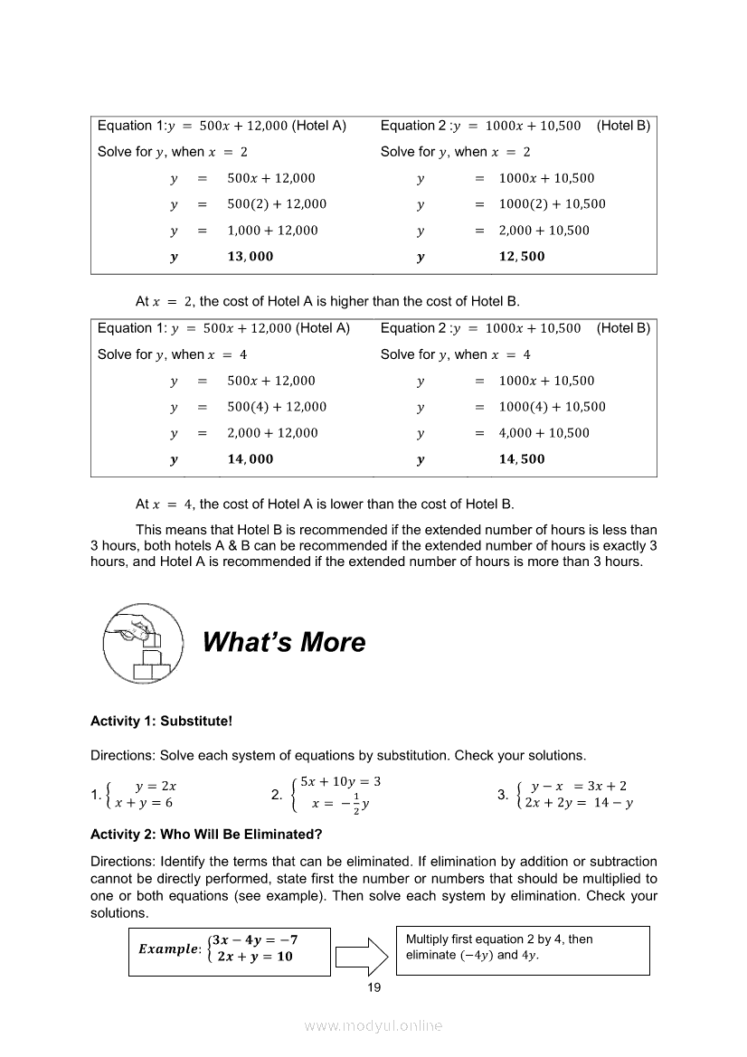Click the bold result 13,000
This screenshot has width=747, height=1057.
(250, 257)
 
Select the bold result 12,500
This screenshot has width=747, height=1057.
(522, 257)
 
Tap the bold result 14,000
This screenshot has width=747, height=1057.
(250, 459)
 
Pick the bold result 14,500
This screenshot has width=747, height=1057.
(522, 459)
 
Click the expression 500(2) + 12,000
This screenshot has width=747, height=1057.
(277, 204)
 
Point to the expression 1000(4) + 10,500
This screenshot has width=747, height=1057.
(552, 407)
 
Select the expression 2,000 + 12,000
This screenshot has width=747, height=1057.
(272, 433)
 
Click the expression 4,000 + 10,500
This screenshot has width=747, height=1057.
(544, 433)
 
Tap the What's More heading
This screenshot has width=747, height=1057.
(284, 643)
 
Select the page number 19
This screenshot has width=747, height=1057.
(373, 987)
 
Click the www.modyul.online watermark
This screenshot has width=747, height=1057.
(373, 1025)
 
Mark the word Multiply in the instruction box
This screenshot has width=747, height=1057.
(430, 939)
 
